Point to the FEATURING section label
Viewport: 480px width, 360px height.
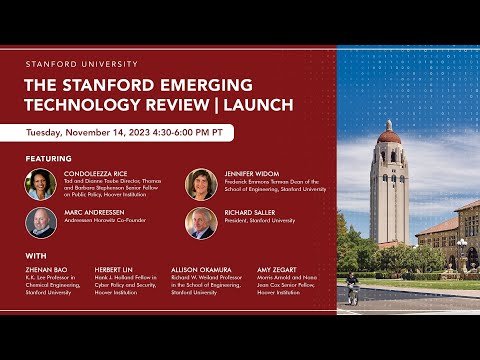pyautogui.click(x=48, y=158)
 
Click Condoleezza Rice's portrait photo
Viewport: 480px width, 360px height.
pyautogui.click(x=41, y=185)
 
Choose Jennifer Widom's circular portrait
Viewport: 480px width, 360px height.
pyautogui.click(x=201, y=185)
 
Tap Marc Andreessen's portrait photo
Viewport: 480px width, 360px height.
pyautogui.click(x=41, y=223)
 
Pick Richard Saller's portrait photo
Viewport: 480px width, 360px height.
pyautogui.click(x=201, y=223)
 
